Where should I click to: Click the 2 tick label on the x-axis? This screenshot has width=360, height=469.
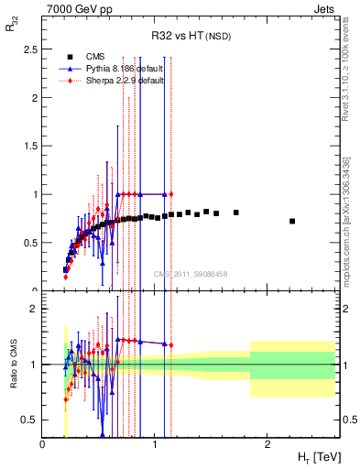click(267, 445)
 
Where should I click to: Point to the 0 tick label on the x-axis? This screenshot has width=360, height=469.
click(43, 445)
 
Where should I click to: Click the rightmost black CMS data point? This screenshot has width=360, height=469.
click(292, 221)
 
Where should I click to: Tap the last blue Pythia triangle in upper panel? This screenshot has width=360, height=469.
click(165, 194)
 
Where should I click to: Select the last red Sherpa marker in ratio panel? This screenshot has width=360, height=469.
click(170, 345)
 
